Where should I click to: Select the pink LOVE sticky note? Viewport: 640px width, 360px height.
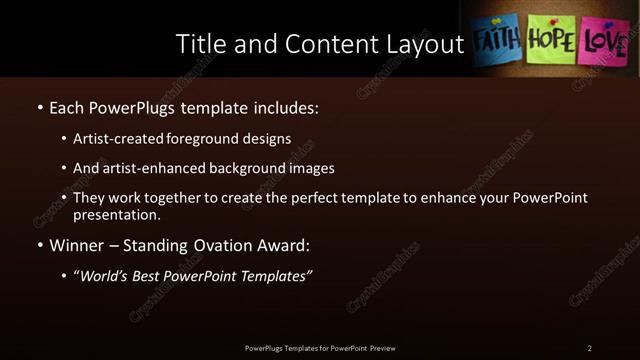606,42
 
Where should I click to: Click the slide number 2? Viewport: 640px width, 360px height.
590,348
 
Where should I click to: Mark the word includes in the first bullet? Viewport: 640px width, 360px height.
281,107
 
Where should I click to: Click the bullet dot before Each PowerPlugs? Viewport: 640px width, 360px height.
39,107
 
